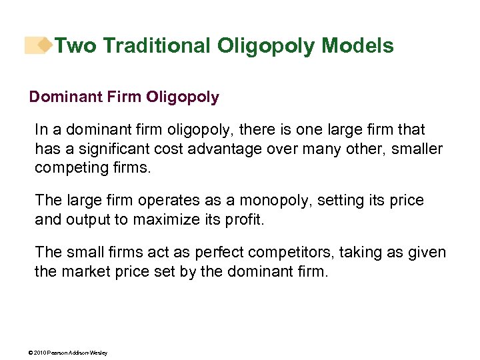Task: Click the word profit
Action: point(244,219)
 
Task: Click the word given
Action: point(427,253)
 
